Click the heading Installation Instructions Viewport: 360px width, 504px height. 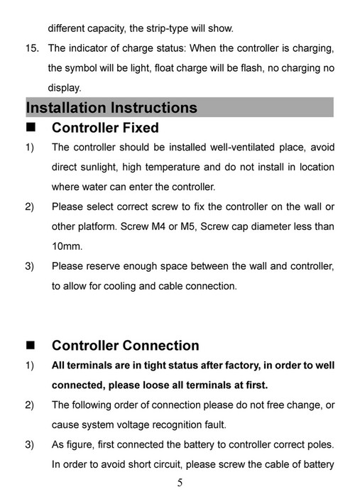click(111, 108)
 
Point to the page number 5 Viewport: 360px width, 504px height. click(180, 483)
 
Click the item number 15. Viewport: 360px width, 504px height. click(33, 48)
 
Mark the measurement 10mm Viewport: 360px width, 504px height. click(67, 247)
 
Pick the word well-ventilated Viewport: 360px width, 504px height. click(246, 148)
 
